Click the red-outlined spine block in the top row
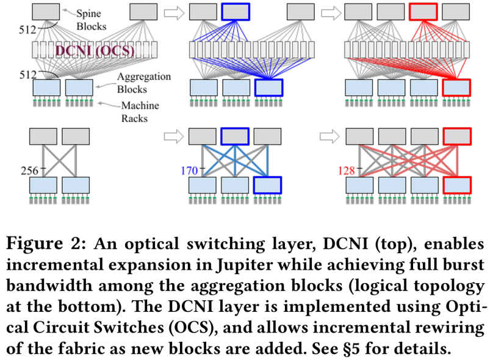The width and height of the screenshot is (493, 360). click(423, 12)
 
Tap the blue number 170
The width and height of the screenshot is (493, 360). click(189, 171)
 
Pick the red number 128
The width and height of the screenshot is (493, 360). click(345, 171)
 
